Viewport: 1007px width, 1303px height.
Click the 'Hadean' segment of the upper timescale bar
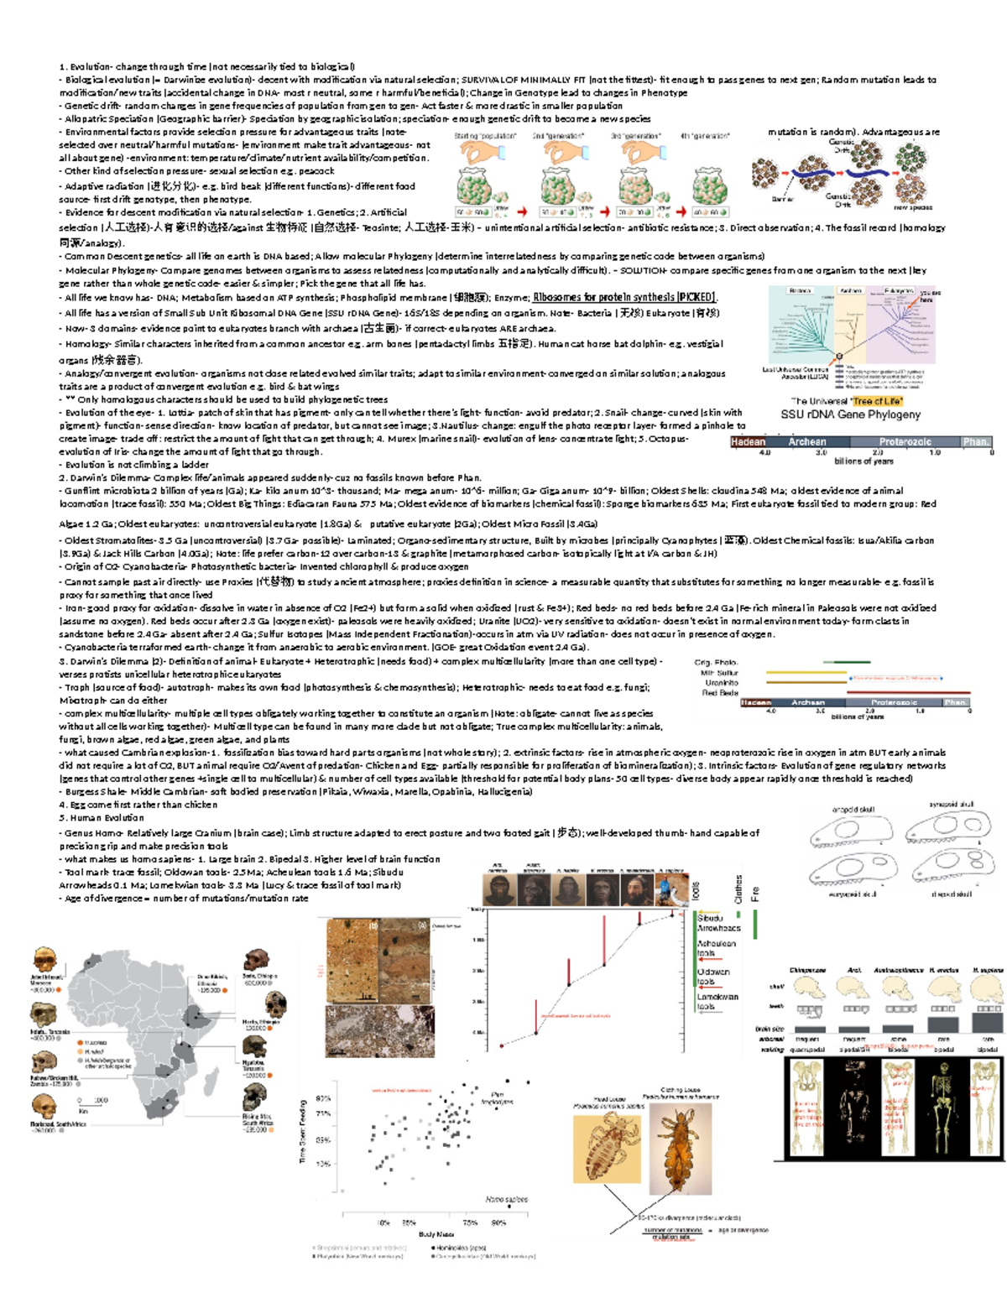tap(748, 441)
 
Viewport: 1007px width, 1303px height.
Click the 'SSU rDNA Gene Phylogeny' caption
tap(850, 414)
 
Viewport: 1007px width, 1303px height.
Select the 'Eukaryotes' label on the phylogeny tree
tap(899, 290)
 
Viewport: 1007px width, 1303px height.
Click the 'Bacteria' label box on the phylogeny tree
tap(800, 290)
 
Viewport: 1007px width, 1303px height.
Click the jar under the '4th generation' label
tap(709, 186)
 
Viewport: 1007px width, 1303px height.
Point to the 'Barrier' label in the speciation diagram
tap(783, 200)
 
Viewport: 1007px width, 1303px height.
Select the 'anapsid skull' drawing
tap(849, 831)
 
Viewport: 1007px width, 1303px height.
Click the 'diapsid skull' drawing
tap(953, 870)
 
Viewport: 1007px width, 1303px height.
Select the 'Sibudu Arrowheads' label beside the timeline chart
tap(718, 923)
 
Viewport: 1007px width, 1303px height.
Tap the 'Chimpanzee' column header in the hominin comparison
tap(807, 970)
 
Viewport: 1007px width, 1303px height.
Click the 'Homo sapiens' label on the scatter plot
tap(506, 1200)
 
